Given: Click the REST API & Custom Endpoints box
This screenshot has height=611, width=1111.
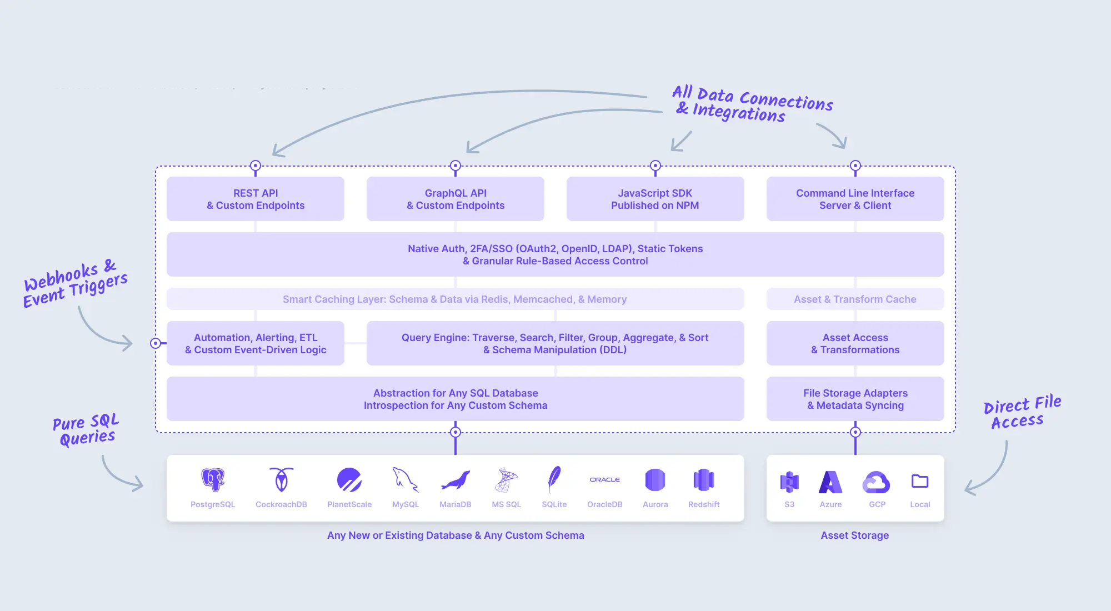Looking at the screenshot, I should tap(256, 199).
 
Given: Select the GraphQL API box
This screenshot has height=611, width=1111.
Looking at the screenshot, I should tap(456, 199).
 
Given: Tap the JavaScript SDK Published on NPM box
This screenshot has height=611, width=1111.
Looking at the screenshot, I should tap(655, 199).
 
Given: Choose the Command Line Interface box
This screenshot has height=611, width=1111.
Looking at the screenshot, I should tap(855, 199).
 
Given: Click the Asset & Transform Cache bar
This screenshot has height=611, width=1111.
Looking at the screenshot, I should tap(855, 299).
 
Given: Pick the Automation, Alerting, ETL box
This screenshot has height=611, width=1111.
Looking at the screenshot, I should tap(256, 343).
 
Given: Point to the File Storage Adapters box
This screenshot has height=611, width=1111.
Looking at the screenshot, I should tap(855, 399).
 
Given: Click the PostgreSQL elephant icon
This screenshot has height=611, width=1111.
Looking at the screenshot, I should tap(213, 480).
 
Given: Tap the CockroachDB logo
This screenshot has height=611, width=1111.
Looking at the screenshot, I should tap(281, 480).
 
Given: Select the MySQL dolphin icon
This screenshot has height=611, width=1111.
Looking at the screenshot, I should tap(406, 480).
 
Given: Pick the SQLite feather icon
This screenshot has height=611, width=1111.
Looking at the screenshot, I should tap(554, 480).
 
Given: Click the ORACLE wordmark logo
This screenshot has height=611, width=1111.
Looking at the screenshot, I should tap(604, 479).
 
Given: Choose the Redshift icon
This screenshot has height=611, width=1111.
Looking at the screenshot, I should tap(703, 480).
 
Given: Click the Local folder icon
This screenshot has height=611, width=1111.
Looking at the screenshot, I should tap(920, 481).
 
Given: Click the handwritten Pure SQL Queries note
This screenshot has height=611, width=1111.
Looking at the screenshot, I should tap(86, 430).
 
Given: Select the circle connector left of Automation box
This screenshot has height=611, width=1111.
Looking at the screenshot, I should tap(156, 343).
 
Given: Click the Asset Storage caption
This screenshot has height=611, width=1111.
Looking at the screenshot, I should tap(854, 535).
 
